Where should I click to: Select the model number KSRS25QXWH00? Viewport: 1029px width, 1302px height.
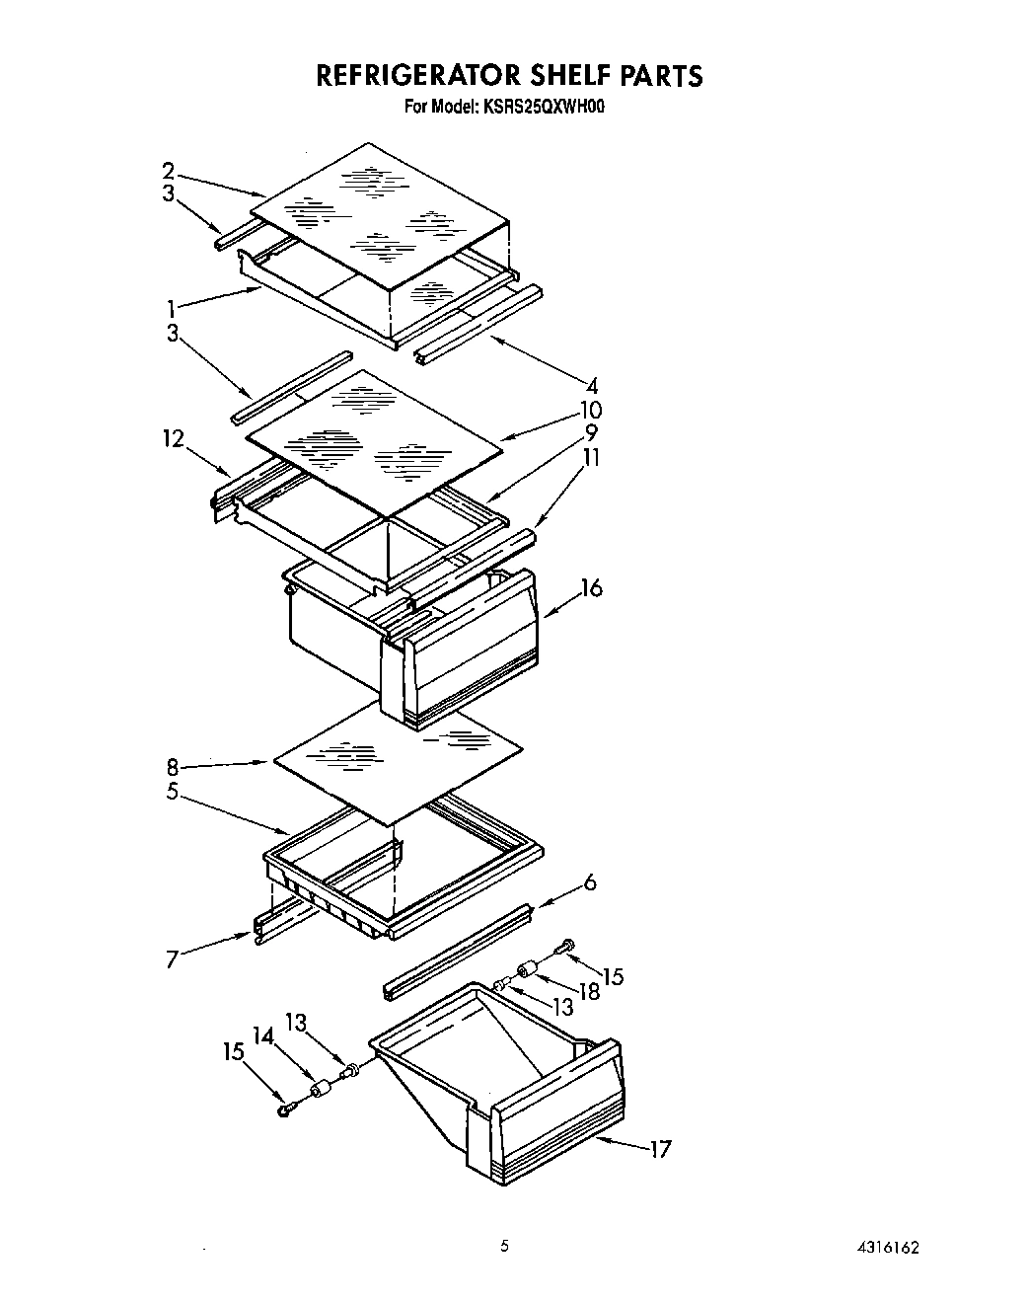542,106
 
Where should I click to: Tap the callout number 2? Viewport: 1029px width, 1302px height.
169,171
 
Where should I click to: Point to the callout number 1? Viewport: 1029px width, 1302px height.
172,308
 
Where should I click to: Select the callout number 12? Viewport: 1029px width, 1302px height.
174,438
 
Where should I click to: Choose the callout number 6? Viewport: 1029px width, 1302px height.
590,882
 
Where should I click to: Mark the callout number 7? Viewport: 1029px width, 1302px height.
172,958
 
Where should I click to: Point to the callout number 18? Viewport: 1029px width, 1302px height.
589,991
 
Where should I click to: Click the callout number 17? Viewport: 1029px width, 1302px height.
660,1149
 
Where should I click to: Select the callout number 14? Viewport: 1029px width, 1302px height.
262,1035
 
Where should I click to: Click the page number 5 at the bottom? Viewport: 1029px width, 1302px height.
504,1247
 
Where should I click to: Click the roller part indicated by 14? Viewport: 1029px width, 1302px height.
320,1091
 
